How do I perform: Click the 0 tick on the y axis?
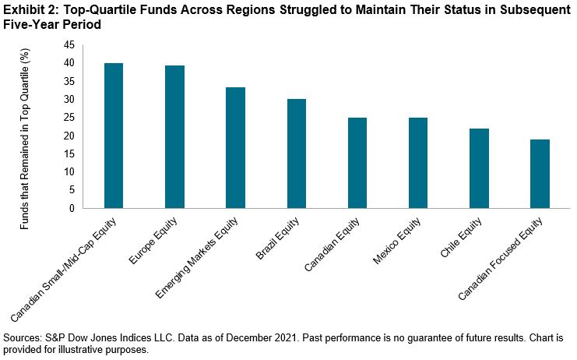click(72, 208)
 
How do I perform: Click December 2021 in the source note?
click(258, 337)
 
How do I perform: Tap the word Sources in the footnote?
click(23, 337)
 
